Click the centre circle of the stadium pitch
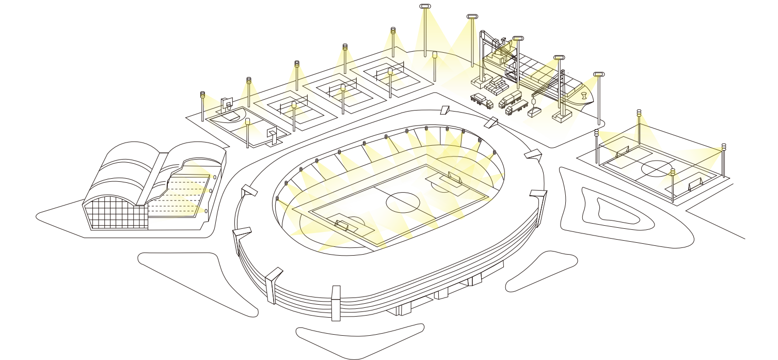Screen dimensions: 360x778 click(x=403, y=202)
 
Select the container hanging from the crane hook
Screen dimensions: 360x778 click(x=534, y=112)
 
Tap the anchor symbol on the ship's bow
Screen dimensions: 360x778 click(x=584, y=97)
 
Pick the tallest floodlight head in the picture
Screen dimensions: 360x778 click(x=424, y=7)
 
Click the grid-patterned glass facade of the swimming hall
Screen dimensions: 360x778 click(x=116, y=212)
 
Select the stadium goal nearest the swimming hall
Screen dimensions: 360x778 click(x=341, y=225)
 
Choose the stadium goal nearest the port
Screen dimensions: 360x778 click(x=453, y=178)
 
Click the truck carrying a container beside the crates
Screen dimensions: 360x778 click(x=511, y=98)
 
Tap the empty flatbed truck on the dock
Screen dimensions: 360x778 click(x=482, y=100)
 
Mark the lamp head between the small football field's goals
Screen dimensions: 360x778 click(x=672, y=172)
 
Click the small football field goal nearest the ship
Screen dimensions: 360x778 click(x=622, y=151)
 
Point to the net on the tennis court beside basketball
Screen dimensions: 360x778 click(x=293, y=109)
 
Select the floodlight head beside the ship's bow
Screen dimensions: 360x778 click(x=598, y=74)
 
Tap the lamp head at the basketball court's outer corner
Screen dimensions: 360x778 click(x=202, y=95)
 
